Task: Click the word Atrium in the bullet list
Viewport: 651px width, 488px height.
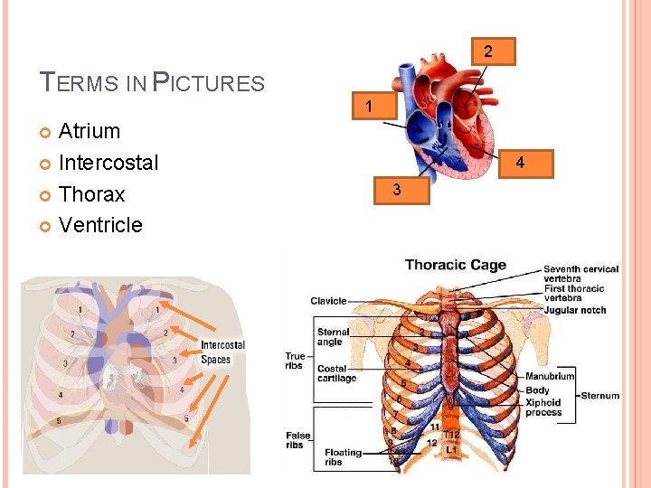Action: pyautogui.click(x=89, y=131)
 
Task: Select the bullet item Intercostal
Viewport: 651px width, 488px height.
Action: pyautogui.click(x=108, y=163)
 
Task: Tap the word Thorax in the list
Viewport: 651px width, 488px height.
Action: pyautogui.click(x=91, y=194)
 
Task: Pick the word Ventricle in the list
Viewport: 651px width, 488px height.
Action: pyautogui.click(x=100, y=225)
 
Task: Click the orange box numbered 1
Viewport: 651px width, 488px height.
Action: pyautogui.click(x=368, y=107)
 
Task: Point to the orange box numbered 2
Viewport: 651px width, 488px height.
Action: pyautogui.click(x=488, y=52)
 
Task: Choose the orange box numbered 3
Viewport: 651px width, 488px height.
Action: pyautogui.click(x=396, y=191)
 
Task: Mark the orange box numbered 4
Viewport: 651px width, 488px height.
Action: pyautogui.click(x=519, y=164)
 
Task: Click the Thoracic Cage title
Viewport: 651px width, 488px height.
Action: pyautogui.click(x=455, y=265)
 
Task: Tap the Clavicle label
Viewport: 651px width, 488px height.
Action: pyautogui.click(x=328, y=301)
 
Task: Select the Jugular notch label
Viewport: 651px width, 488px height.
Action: pyautogui.click(x=575, y=310)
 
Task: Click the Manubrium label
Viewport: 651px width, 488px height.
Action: pyautogui.click(x=550, y=376)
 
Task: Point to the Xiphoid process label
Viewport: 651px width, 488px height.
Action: pyautogui.click(x=543, y=408)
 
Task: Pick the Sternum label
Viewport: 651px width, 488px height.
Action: pyautogui.click(x=600, y=395)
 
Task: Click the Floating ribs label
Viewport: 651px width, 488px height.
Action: pyautogui.click(x=343, y=457)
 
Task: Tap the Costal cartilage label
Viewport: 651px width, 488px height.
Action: pyautogui.click(x=337, y=373)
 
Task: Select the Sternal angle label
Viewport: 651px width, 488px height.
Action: pyautogui.click(x=334, y=338)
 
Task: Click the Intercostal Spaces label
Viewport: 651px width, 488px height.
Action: pyautogui.click(x=222, y=352)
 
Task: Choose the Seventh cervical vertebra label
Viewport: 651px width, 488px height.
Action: pyautogui.click(x=580, y=273)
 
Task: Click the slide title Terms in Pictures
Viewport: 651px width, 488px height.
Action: pyautogui.click(x=153, y=84)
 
